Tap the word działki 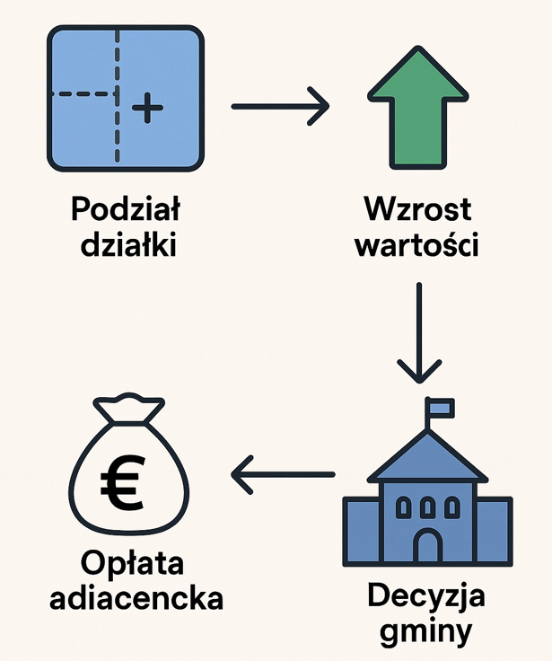click(x=126, y=244)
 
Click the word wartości click(x=417, y=244)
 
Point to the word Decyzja click(x=425, y=595)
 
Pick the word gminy click(x=425, y=631)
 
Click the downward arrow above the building click(x=419, y=332)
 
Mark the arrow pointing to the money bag click(x=282, y=472)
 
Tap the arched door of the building click(x=427, y=546)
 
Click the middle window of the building click(x=427, y=507)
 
